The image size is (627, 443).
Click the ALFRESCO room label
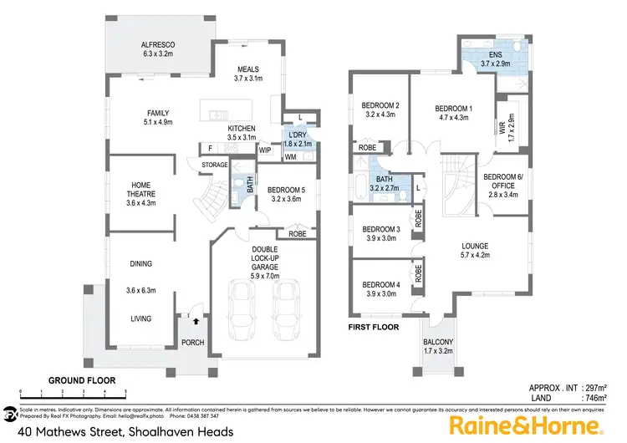tap(156, 46)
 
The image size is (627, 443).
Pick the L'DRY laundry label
tap(298, 135)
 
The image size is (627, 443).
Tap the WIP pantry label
tap(265, 150)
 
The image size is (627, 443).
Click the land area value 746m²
tap(601, 400)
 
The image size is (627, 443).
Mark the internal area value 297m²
tap(601, 388)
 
